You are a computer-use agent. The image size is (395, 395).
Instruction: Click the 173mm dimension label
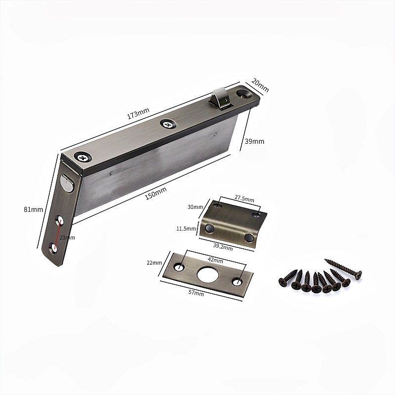pos(138,113)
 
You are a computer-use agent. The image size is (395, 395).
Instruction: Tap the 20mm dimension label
pos(260,85)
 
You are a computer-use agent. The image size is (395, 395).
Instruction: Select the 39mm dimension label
pos(255,141)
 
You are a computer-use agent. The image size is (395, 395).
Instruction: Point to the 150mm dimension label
pos(156,194)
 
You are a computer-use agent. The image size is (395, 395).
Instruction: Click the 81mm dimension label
pos(33,209)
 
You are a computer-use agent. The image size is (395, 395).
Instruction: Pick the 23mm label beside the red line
pos(67,237)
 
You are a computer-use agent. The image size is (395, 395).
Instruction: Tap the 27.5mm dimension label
pos(244,198)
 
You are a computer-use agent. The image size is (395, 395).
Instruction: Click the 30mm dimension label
pos(195,207)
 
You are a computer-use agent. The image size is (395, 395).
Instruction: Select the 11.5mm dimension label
pos(186,229)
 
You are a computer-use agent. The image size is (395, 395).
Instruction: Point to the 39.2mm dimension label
pos(223,247)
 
